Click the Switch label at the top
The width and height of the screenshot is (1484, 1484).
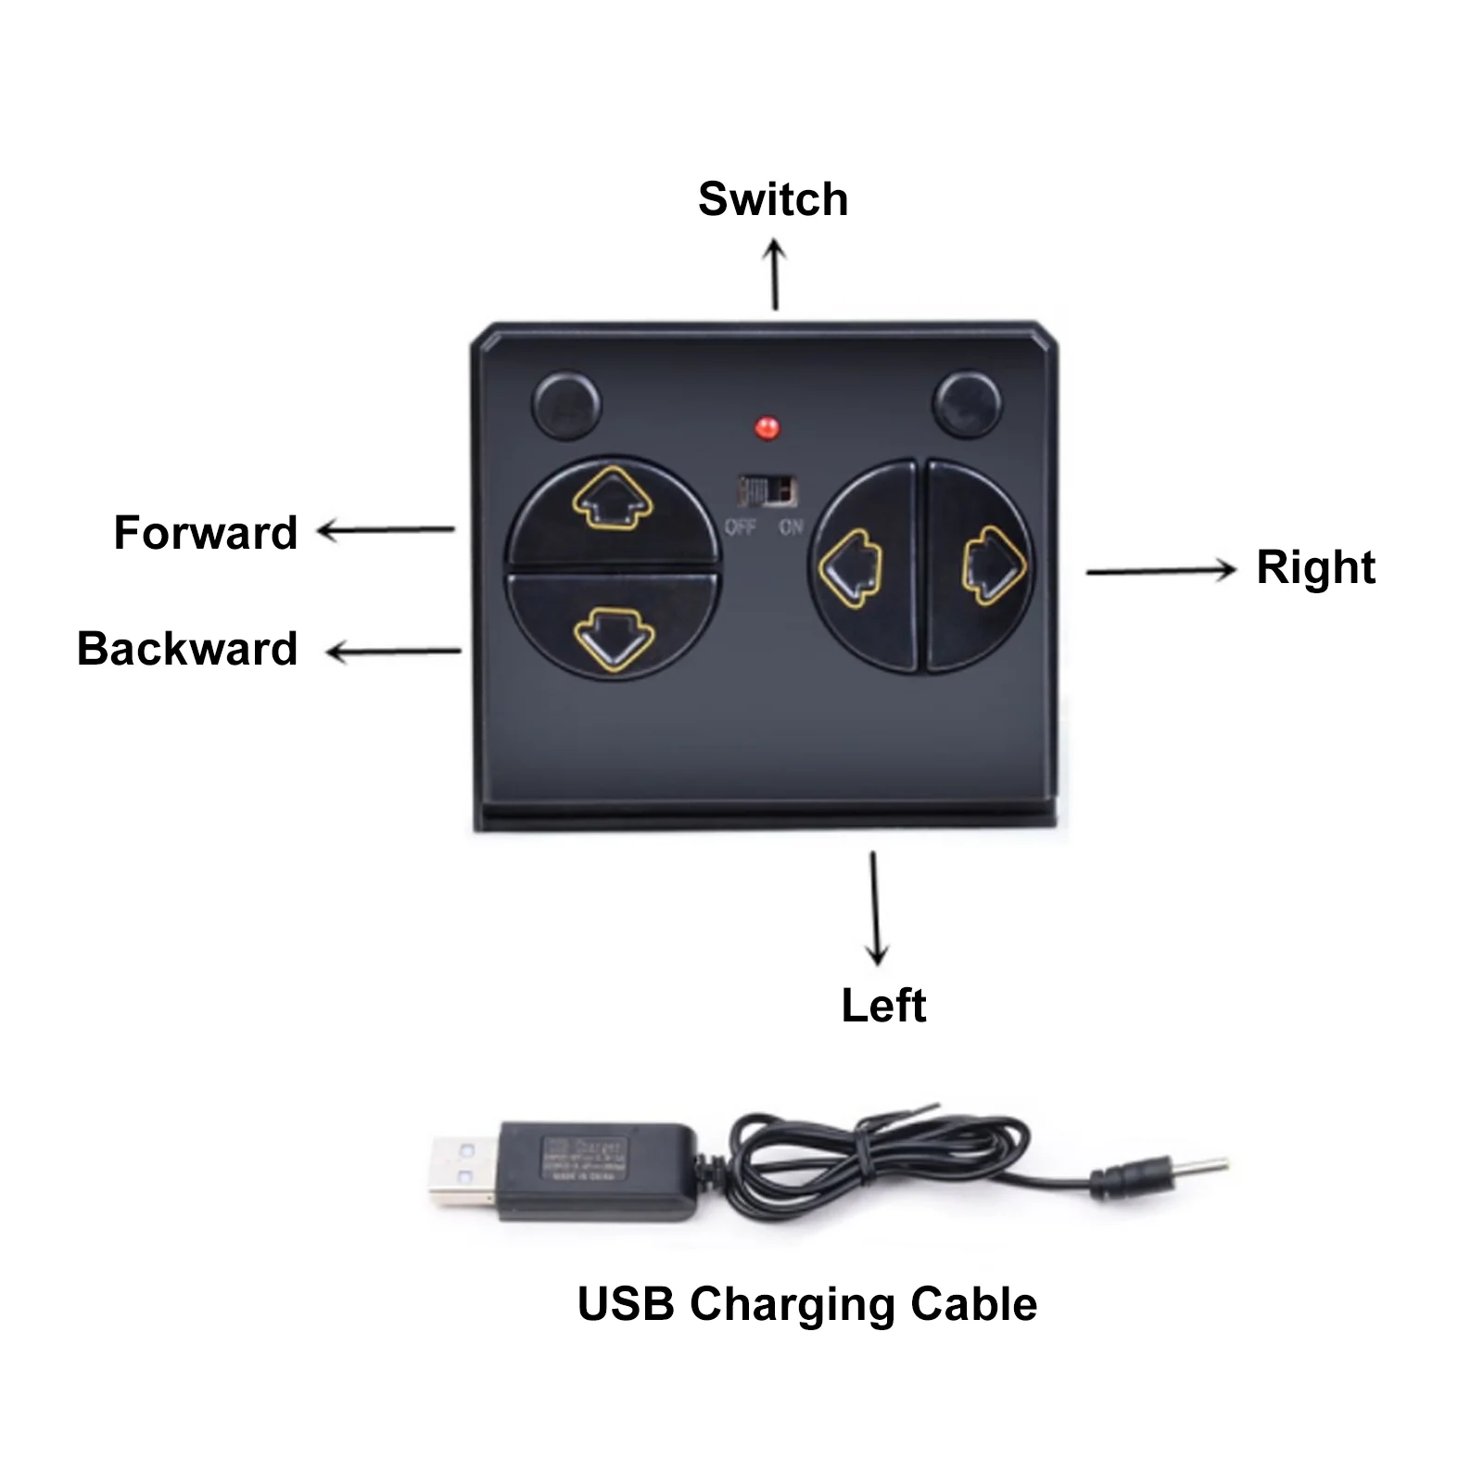(x=772, y=199)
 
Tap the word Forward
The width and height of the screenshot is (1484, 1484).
(x=206, y=533)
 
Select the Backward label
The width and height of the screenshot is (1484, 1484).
(x=187, y=649)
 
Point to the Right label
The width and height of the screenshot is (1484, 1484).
(x=1314, y=567)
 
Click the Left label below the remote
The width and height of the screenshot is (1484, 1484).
(x=883, y=1006)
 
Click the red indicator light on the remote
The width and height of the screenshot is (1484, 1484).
(x=767, y=428)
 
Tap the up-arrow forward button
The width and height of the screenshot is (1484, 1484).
(x=612, y=501)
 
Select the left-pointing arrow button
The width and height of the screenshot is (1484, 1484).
(x=851, y=567)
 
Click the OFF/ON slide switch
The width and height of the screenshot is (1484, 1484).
(x=767, y=491)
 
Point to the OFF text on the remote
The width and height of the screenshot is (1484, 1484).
(x=740, y=527)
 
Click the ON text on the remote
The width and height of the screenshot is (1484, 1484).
(x=791, y=527)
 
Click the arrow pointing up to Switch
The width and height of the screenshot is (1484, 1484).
(x=775, y=274)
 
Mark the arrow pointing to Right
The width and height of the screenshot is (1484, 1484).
(x=1161, y=570)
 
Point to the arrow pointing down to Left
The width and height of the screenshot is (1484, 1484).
(x=875, y=908)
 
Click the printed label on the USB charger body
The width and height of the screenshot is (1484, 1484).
(x=584, y=1159)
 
